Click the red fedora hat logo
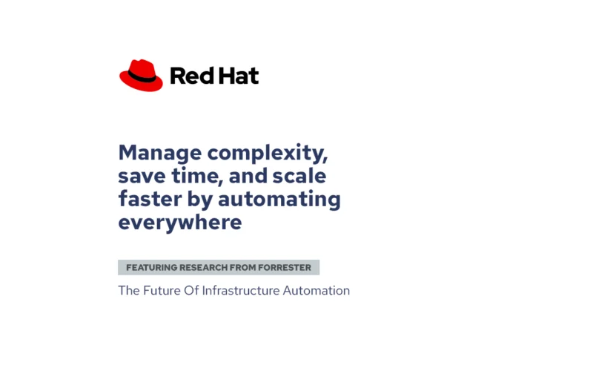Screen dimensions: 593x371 point(141,76)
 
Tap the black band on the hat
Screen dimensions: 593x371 point(142,77)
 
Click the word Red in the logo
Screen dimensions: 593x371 point(192,76)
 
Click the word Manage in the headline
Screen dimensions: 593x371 point(160,154)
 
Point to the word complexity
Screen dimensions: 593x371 point(268,154)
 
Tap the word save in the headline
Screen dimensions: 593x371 point(142,177)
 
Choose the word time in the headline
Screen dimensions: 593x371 point(197,176)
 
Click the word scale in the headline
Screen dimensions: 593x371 point(299,176)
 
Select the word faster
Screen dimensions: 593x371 point(150,199)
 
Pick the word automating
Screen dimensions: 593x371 point(279,200)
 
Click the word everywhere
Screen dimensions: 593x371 point(180,222)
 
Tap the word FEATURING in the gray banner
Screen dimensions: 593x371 point(152,268)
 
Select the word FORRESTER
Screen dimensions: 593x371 point(285,268)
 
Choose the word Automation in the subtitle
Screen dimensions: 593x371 point(317,291)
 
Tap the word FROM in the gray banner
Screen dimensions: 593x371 point(243,268)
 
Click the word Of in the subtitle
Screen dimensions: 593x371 point(191,291)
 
